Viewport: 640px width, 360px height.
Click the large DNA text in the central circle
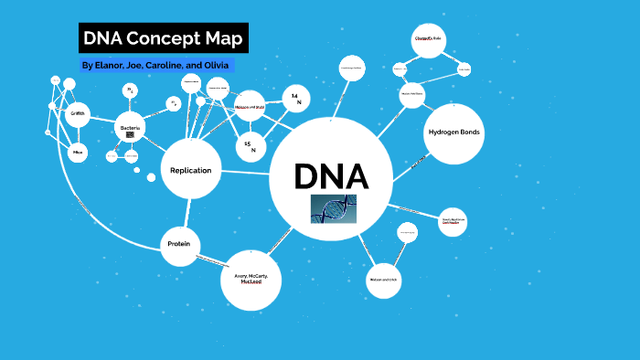click(330, 175)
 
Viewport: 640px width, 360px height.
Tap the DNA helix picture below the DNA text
click(332, 209)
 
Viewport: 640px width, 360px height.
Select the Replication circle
click(191, 170)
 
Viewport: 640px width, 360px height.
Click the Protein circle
click(179, 244)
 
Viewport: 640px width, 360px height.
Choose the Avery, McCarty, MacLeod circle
click(251, 279)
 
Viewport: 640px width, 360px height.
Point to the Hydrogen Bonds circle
click(453, 133)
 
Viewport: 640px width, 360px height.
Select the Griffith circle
click(78, 114)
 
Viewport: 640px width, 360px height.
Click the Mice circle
click(79, 153)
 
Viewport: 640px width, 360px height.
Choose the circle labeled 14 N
click(294, 100)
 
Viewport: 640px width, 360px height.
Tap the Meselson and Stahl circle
click(250, 106)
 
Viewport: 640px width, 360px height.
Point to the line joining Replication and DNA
click(245, 172)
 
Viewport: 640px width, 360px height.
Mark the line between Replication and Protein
click(185, 213)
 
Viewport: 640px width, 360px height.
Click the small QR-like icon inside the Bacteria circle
click(131, 134)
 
